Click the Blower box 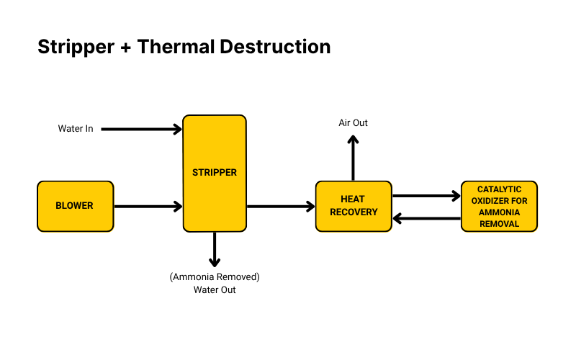click(75, 206)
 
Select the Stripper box click(215, 173)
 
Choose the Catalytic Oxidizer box click(499, 206)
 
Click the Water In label click(76, 129)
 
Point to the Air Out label click(353, 123)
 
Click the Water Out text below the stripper click(215, 290)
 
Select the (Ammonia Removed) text click(215, 277)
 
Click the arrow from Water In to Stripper click(142, 130)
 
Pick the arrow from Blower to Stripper click(148, 207)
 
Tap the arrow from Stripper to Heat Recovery click(281, 207)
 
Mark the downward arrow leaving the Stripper click(215, 249)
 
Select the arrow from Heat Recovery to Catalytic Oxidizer click(426, 195)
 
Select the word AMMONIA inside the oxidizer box click(499, 214)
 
